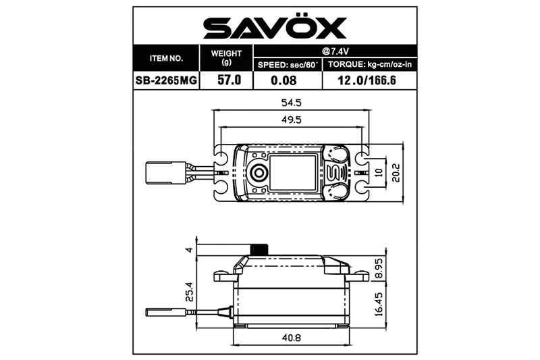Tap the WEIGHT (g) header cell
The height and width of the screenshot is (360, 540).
225,58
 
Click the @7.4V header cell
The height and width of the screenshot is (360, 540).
335,51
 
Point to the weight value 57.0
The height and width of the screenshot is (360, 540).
225,80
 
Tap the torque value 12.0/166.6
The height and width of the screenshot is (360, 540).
371,80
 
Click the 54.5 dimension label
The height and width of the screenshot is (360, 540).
291,103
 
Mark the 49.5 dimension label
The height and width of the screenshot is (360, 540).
291,120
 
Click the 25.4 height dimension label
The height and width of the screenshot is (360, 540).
190,292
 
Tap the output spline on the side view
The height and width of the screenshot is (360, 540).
259,249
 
